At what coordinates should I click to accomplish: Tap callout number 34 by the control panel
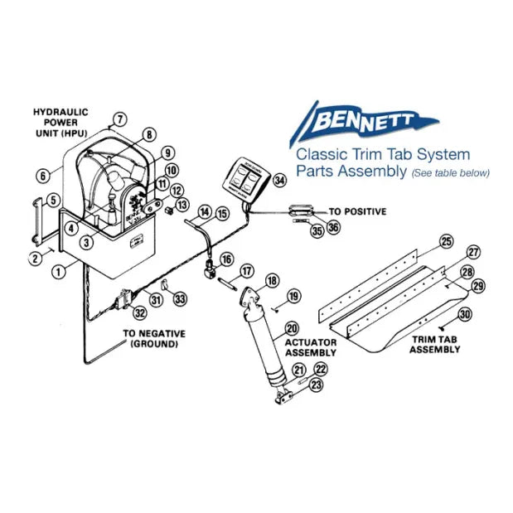click(x=279, y=180)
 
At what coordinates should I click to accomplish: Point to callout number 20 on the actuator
click(x=291, y=327)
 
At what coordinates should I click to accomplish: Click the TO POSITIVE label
click(x=357, y=211)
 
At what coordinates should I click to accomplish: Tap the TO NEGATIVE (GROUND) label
click(x=154, y=338)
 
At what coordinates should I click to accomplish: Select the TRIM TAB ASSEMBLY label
click(x=435, y=344)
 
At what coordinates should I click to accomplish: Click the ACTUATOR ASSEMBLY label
click(x=311, y=346)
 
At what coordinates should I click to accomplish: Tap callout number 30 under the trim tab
click(x=465, y=314)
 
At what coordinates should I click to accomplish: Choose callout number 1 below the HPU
click(x=58, y=270)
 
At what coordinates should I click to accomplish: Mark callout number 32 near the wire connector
click(x=140, y=312)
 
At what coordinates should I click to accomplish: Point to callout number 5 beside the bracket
click(x=52, y=200)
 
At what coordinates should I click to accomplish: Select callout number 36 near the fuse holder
click(x=333, y=225)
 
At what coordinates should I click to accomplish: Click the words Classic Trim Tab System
click(x=383, y=154)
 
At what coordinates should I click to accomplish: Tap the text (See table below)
click(x=452, y=172)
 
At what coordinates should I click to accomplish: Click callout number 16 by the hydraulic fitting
click(x=226, y=259)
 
